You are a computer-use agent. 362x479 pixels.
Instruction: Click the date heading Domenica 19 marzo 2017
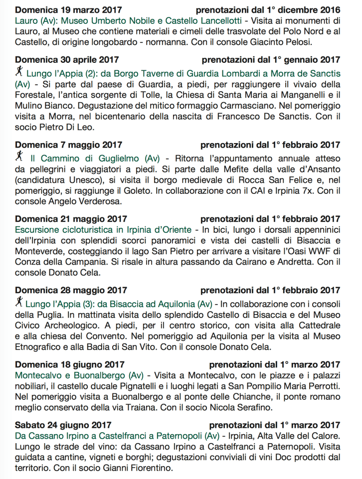(x=68, y=10)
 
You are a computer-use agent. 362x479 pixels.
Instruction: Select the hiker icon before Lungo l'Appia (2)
(x=19, y=72)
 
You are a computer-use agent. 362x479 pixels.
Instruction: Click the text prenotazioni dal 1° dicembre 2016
(x=268, y=10)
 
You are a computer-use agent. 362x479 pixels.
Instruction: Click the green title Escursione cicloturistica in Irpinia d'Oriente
(x=103, y=230)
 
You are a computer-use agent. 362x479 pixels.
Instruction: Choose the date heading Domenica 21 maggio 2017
(x=71, y=219)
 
